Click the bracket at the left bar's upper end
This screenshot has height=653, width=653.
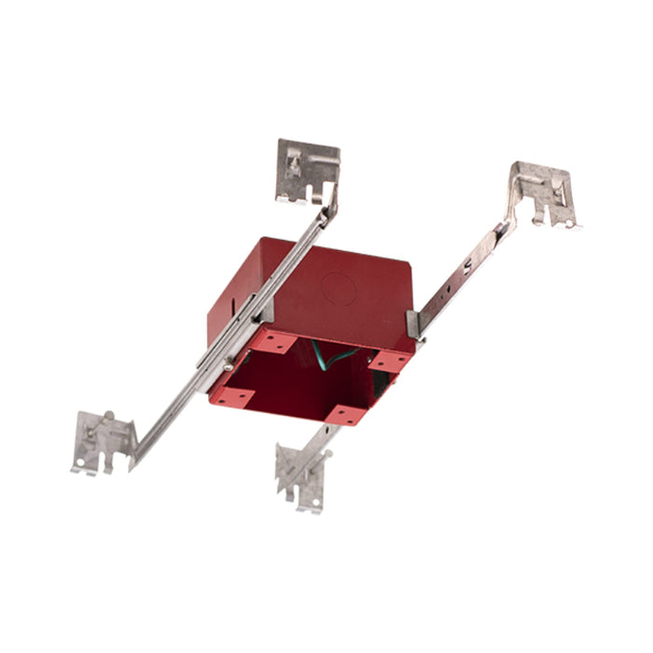[306, 170]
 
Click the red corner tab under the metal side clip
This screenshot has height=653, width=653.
[395, 360]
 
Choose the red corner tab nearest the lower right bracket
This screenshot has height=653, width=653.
[345, 412]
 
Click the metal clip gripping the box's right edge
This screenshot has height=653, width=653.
[412, 322]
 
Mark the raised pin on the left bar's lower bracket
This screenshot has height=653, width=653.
[109, 417]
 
